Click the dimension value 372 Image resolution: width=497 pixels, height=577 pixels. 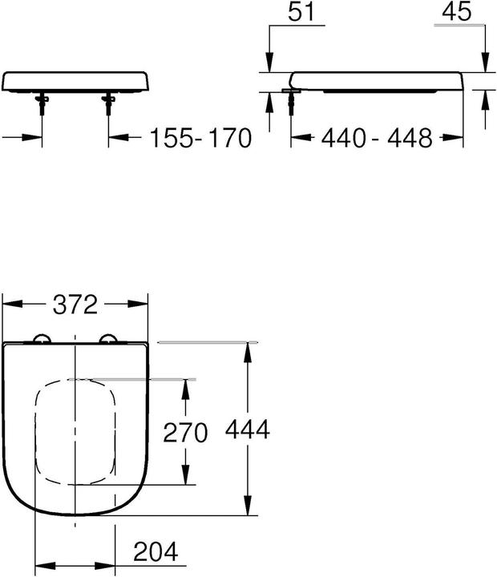[75, 305]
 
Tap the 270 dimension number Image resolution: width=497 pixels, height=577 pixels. [185, 433]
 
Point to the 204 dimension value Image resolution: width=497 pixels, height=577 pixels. [156, 551]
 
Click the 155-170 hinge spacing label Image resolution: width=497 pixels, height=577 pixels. [201, 138]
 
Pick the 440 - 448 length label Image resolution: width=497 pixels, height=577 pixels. [377, 138]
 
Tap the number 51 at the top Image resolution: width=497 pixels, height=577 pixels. [301, 11]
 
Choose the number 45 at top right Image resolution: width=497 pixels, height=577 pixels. [456, 11]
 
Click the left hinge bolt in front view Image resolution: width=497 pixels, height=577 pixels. [42, 103]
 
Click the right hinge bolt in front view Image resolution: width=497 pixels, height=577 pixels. [108, 103]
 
